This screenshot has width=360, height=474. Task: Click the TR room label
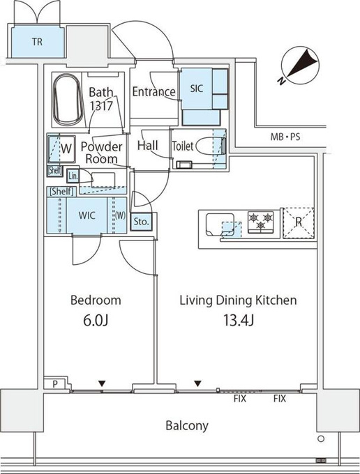(x=37, y=41)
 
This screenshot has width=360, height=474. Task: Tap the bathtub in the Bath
(x=68, y=101)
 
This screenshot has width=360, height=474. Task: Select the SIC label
(x=196, y=89)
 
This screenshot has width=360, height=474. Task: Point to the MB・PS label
(x=285, y=137)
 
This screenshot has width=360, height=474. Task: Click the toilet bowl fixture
(x=210, y=146)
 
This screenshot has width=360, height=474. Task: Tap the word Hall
(x=148, y=146)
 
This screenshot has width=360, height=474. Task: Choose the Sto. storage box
(x=141, y=222)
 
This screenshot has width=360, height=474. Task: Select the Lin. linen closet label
(x=73, y=176)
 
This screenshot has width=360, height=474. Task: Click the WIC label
(x=87, y=215)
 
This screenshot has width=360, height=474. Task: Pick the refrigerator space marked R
(x=299, y=223)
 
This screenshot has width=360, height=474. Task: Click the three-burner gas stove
(x=261, y=222)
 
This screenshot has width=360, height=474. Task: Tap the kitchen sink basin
(x=220, y=224)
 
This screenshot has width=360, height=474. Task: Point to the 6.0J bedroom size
(x=96, y=321)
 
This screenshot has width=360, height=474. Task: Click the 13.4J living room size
(x=239, y=321)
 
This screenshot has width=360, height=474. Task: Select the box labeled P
(x=55, y=383)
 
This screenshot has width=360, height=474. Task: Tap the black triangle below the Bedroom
(x=102, y=383)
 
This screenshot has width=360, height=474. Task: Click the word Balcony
(x=187, y=426)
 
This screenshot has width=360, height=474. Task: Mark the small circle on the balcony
(x=321, y=438)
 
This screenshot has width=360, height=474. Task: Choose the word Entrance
(x=154, y=91)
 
